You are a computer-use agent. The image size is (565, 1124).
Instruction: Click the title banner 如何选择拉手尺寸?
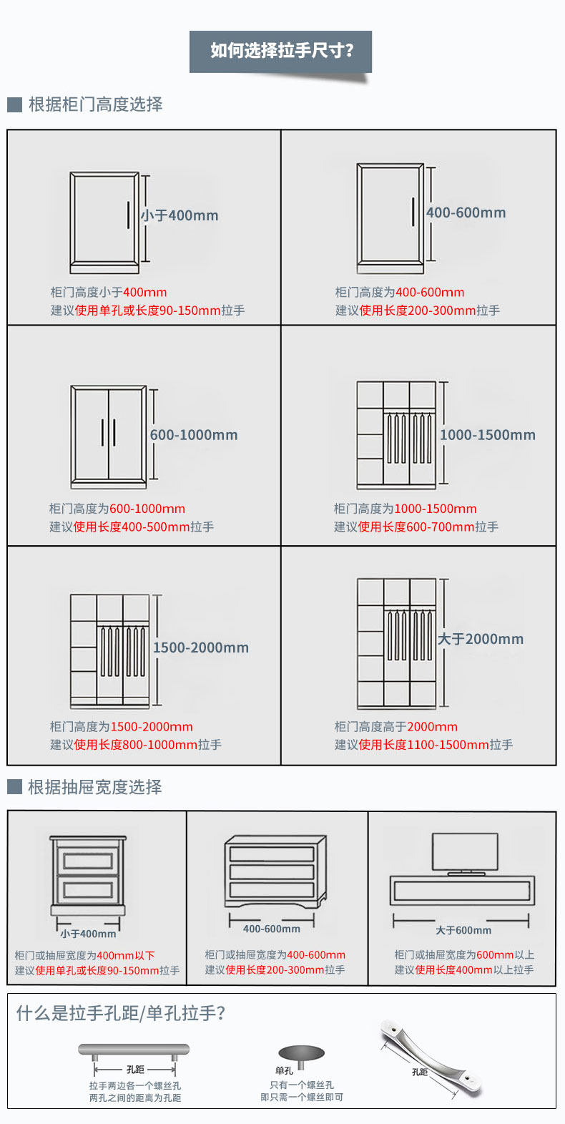(x=280, y=51)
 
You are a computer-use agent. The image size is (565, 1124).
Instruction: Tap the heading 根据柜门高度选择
(x=95, y=104)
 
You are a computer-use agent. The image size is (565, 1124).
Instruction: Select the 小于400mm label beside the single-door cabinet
(x=180, y=215)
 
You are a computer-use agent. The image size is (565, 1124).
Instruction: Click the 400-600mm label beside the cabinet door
(x=466, y=212)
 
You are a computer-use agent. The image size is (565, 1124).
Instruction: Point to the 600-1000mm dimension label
(x=193, y=435)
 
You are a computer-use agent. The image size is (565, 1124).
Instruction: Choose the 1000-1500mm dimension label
(x=487, y=435)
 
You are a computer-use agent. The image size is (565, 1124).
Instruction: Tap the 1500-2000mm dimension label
(x=200, y=647)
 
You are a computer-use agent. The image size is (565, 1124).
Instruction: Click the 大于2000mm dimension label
(x=481, y=639)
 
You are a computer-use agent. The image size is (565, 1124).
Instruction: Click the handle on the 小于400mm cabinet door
(x=129, y=215)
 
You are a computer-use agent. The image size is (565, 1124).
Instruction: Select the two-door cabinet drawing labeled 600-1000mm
(x=109, y=436)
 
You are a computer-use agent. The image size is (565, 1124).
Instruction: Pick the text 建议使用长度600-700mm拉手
(x=416, y=527)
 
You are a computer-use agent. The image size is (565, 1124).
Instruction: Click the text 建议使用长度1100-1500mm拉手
(x=423, y=745)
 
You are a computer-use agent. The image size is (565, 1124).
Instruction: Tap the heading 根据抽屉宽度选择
(x=94, y=787)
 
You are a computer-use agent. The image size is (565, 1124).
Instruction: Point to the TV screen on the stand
(x=465, y=851)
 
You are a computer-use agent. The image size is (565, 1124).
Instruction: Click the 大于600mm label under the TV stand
(x=463, y=930)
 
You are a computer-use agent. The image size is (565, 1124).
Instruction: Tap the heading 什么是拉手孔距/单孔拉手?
(x=121, y=1013)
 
